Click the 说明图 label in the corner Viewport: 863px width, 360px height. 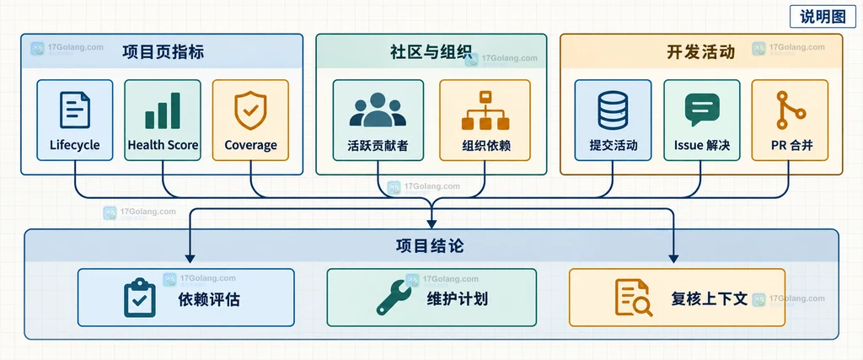[x=823, y=17]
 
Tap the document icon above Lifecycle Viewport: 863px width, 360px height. [x=75, y=110]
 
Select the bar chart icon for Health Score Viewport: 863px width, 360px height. [x=163, y=110]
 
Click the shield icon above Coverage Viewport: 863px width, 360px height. [x=250, y=110]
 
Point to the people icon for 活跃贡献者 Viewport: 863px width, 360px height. [x=378, y=110]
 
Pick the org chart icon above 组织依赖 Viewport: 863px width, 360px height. [x=485, y=110]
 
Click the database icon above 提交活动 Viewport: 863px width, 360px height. [x=613, y=110]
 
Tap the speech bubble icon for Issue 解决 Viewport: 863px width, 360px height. [x=702, y=110]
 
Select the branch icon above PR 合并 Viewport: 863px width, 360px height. [x=789, y=110]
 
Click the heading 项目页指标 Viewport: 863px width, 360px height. [x=163, y=51]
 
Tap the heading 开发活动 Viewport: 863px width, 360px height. [x=700, y=51]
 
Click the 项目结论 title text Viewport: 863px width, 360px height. [x=430, y=245]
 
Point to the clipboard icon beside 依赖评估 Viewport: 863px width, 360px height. [x=140, y=298]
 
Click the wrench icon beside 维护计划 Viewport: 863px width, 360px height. [x=394, y=298]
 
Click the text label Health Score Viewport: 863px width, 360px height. [x=163, y=145]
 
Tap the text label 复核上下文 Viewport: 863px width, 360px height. [x=710, y=299]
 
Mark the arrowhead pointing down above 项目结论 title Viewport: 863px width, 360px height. [x=431, y=223]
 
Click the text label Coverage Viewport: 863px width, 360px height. [x=250, y=145]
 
